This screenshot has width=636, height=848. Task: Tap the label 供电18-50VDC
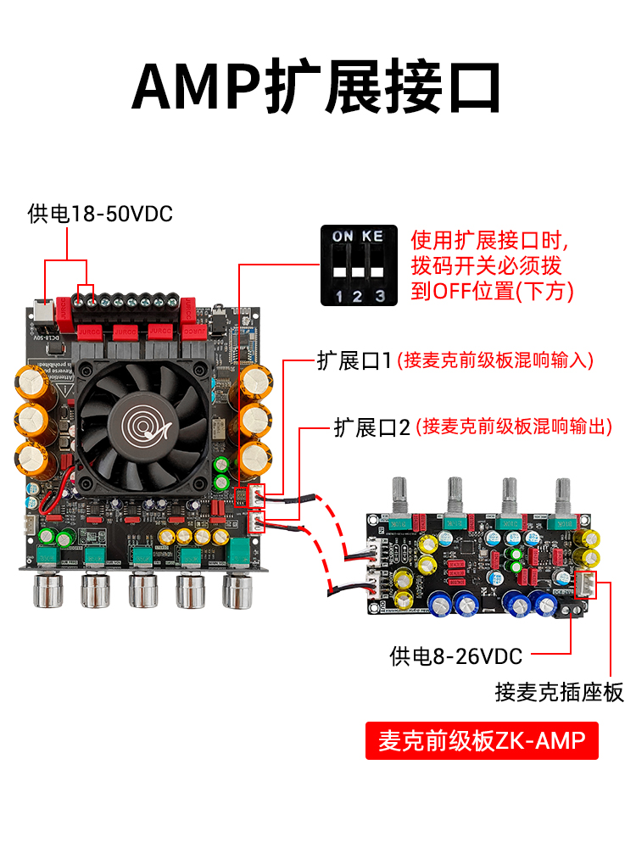click(100, 214)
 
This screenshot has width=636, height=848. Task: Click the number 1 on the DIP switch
click(338, 295)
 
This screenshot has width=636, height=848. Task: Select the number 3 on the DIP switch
click(379, 295)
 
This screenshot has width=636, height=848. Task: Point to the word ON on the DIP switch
click(343, 235)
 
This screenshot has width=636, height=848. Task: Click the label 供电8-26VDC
click(456, 655)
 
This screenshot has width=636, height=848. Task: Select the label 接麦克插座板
click(559, 692)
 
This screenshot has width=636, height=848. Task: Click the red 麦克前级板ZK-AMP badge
click(482, 740)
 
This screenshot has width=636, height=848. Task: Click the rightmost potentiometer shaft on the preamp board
click(562, 496)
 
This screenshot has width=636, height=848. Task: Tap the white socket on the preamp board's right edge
click(585, 583)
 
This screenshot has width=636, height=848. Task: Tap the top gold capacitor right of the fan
click(254, 381)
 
